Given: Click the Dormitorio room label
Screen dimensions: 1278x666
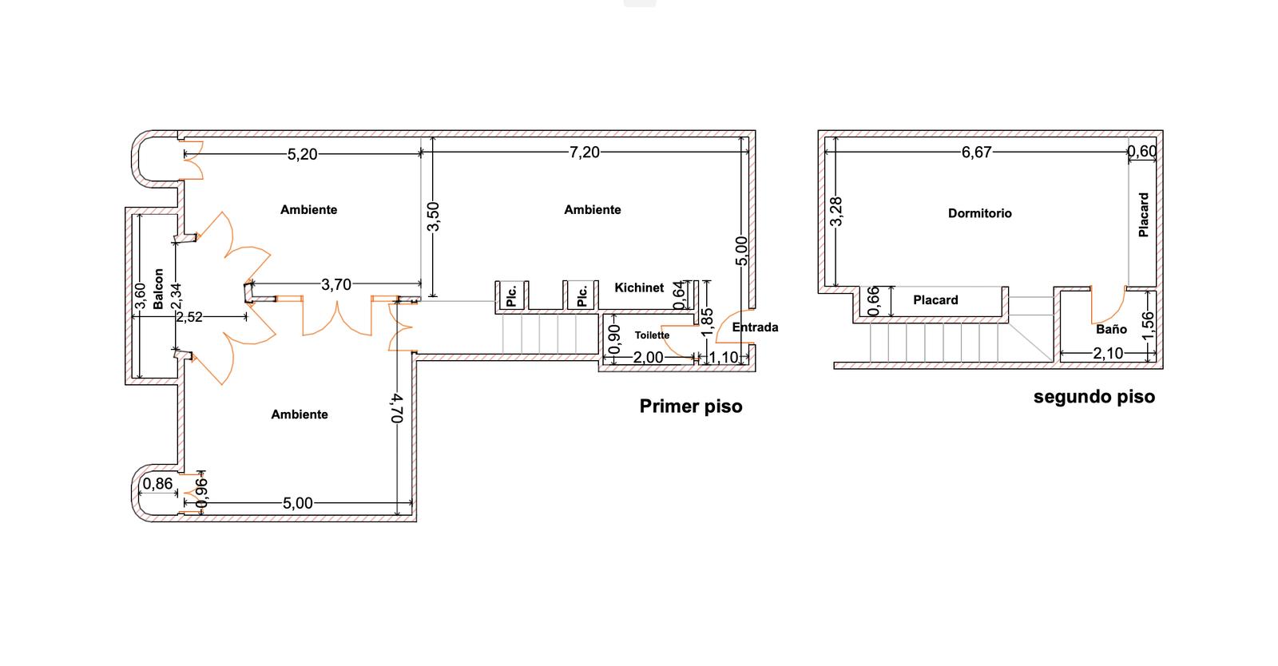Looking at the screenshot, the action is [979, 213].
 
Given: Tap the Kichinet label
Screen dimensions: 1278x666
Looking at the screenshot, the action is [639, 287].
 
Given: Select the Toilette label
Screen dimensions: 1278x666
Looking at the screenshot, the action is [652, 335].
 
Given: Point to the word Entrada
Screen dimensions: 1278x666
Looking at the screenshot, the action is [755, 327].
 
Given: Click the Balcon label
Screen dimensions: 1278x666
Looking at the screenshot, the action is [158, 289].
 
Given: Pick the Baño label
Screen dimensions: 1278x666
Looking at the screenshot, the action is [1111, 329].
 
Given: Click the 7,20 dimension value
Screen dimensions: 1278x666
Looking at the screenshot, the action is [584, 153].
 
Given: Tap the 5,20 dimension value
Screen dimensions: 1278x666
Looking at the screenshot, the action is [302, 154].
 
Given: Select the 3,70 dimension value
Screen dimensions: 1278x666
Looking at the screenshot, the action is [336, 284].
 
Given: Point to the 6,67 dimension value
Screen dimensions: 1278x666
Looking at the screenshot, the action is [976, 153].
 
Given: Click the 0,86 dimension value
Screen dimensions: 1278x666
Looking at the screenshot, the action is [157, 484].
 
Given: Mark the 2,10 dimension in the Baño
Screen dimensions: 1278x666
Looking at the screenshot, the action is [1108, 354].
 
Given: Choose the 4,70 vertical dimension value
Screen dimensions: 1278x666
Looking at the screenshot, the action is [397, 408].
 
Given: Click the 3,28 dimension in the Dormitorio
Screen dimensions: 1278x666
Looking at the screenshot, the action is [836, 212].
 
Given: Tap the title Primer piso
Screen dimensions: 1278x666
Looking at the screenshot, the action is [691, 406].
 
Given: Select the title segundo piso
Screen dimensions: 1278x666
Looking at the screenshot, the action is [1094, 397].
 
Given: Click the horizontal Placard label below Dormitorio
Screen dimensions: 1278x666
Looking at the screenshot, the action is [935, 300].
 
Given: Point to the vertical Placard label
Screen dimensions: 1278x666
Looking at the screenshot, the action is [1143, 214].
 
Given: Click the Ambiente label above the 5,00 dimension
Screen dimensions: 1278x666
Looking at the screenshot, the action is [300, 414].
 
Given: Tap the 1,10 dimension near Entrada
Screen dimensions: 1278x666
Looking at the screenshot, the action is [723, 358].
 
